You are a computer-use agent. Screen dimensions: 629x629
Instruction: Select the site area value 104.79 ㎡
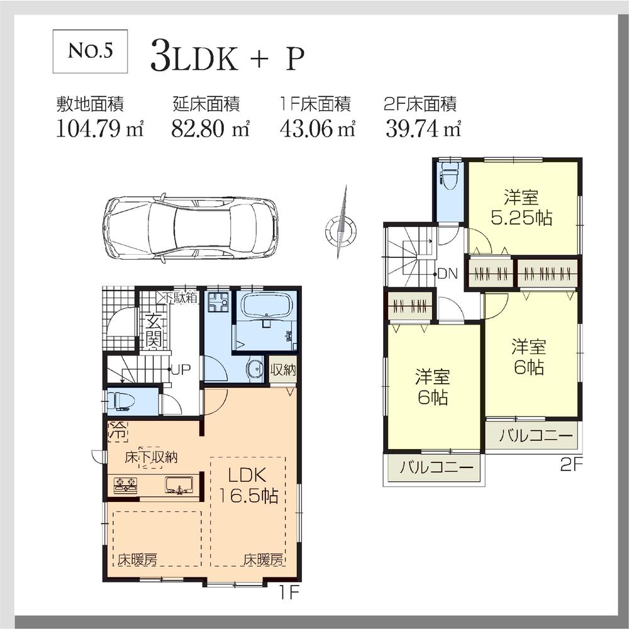(x=99, y=128)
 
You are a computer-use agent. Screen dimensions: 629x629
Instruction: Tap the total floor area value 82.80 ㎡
(x=211, y=128)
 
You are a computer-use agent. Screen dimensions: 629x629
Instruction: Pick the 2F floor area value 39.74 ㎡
(x=423, y=128)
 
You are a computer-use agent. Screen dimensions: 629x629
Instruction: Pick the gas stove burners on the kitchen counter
(x=125, y=486)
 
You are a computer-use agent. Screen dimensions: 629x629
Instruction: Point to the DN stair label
(x=448, y=274)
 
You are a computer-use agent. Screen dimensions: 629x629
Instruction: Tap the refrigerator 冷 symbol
(x=118, y=431)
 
